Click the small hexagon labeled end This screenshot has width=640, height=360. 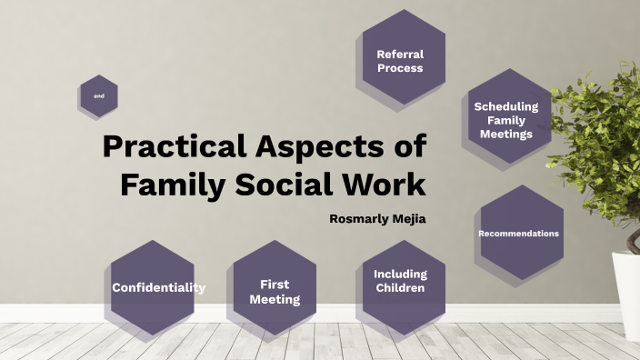(98, 95)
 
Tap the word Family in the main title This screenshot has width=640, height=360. (168, 184)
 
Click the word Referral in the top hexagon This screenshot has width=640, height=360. (400, 54)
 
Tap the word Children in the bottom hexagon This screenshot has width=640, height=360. (399, 289)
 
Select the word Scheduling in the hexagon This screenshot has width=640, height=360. (506, 106)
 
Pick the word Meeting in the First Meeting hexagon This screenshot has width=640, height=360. (275, 299)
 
